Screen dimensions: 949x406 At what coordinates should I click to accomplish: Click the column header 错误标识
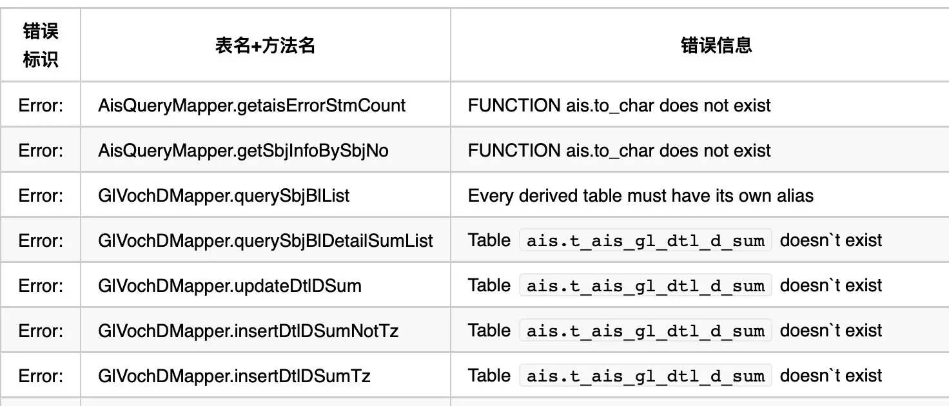pos(41,45)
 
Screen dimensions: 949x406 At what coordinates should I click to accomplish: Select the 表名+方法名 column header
pos(265,45)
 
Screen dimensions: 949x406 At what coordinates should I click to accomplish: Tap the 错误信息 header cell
pos(716,45)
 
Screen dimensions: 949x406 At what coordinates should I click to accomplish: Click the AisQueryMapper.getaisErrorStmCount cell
pos(252,105)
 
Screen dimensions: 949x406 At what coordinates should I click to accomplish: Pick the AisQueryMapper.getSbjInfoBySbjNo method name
pos(243,150)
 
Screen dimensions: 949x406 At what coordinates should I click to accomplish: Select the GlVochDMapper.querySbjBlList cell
pos(224,195)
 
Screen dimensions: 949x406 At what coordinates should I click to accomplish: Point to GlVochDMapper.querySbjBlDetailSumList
pos(266,240)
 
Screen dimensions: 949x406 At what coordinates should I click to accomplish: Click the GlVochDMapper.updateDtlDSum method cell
pos(230,285)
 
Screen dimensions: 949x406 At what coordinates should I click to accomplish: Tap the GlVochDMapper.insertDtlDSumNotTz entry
pos(248,331)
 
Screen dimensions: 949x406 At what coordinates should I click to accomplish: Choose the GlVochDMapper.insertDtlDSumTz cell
pos(234,376)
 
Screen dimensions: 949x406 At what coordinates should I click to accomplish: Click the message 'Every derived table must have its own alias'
pos(640,195)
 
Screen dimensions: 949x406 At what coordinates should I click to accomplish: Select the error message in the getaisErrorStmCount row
pos(619,105)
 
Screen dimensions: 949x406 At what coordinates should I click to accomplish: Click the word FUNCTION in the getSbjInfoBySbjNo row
pos(514,150)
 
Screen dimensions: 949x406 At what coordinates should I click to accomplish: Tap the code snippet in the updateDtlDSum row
pos(645,285)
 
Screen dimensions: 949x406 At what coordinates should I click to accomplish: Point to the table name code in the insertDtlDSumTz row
pos(645,376)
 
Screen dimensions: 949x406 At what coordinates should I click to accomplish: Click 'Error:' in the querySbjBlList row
pos(41,195)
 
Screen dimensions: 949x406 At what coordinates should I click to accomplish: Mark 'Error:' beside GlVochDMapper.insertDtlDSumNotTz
pos(41,331)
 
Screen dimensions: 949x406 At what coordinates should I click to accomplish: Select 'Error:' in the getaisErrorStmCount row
pos(41,105)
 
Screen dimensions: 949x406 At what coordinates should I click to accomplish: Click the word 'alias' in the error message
pos(796,195)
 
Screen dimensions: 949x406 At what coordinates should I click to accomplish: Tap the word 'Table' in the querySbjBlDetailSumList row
pos(489,240)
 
